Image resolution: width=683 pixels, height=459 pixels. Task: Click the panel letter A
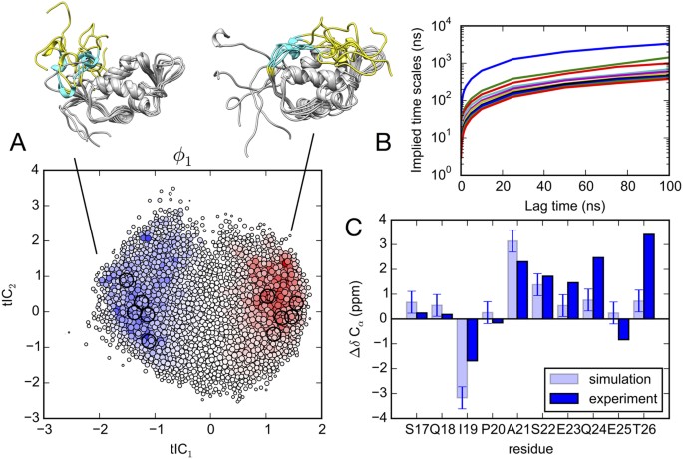click(17, 146)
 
